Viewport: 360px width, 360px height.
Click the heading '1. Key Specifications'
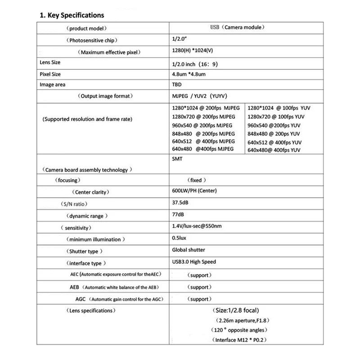coord(72,15)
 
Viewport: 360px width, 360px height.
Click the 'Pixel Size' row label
coord(50,74)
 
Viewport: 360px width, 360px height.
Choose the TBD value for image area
coord(177,85)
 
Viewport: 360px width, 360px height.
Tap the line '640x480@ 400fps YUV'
coord(274,150)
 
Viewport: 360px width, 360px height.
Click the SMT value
coord(177,159)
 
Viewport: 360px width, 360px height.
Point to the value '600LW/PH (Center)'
coord(194,191)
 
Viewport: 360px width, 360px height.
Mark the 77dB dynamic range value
coord(179,215)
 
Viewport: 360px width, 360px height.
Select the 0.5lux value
coord(180,238)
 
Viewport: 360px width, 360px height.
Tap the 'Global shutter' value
coord(189,250)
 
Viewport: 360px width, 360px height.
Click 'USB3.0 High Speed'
coord(194,262)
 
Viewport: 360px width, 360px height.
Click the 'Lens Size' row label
coord(50,62)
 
